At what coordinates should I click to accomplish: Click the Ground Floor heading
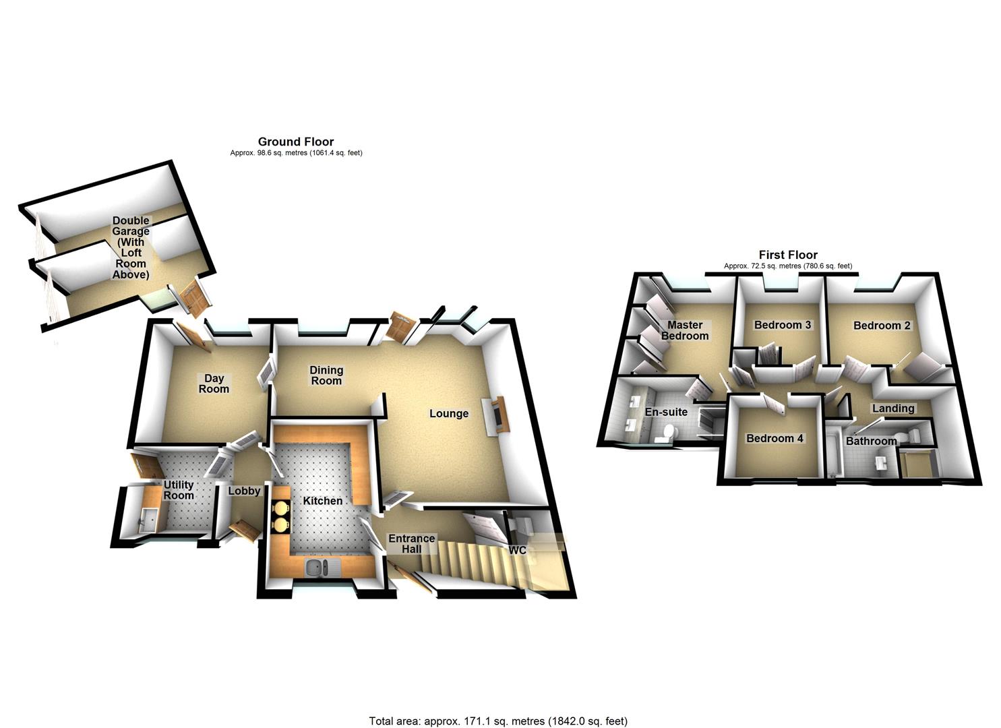pyautogui.click(x=296, y=142)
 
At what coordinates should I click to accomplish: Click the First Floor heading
pyautogui.click(x=788, y=255)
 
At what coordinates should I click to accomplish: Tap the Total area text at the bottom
pyautogui.click(x=498, y=721)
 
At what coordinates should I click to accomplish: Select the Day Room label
pyautogui.click(x=214, y=384)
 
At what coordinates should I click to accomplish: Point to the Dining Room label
pyautogui.click(x=326, y=375)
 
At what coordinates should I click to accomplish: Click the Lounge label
pyautogui.click(x=449, y=413)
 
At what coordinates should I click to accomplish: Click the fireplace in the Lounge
pyautogui.click(x=497, y=414)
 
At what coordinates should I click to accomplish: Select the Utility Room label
pyautogui.click(x=179, y=490)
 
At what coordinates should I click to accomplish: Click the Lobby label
pyautogui.click(x=244, y=491)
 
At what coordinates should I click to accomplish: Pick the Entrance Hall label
pyautogui.click(x=411, y=543)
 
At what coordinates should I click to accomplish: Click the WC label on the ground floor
pyautogui.click(x=518, y=550)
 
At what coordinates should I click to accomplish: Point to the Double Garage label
pyautogui.click(x=131, y=247)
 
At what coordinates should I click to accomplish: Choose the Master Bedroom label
pyautogui.click(x=685, y=330)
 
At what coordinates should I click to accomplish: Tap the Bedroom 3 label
pyautogui.click(x=783, y=325)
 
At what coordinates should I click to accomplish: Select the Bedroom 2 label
pyautogui.click(x=882, y=326)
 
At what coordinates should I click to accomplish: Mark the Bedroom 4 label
pyautogui.click(x=775, y=438)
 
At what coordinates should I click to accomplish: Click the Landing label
pyautogui.click(x=893, y=408)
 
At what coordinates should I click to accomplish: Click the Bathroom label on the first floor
pyautogui.click(x=871, y=442)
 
